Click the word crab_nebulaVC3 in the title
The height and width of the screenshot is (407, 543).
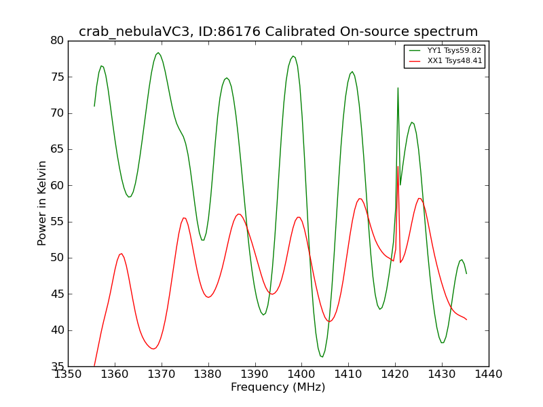pos(134,32)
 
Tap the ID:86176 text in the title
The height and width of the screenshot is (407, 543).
pos(229,31)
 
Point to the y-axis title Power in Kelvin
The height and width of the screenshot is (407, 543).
pos(41,203)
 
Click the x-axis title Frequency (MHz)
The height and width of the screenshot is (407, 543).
pos(278,387)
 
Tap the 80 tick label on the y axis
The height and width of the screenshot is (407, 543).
pos(57,41)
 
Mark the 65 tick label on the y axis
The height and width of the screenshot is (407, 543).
pos(57,149)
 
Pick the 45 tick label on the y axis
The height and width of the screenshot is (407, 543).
pos(57,294)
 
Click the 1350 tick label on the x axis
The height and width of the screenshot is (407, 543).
pos(69,374)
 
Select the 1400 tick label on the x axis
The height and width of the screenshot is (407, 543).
pos(301,374)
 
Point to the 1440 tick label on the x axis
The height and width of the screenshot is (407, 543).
pos(489,374)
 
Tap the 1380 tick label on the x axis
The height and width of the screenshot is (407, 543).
pos(208,374)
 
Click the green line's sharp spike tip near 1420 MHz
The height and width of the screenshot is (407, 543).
pos(398,88)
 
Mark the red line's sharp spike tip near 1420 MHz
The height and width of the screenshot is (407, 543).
pos(398,166)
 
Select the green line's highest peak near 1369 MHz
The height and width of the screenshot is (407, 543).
pos(158,53)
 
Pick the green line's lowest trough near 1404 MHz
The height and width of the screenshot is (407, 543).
pos(322,357)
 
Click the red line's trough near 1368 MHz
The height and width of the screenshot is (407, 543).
pos(153,349)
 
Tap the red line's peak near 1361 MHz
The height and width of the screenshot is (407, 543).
pos(121,254)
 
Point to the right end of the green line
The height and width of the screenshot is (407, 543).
pos(466,273)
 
